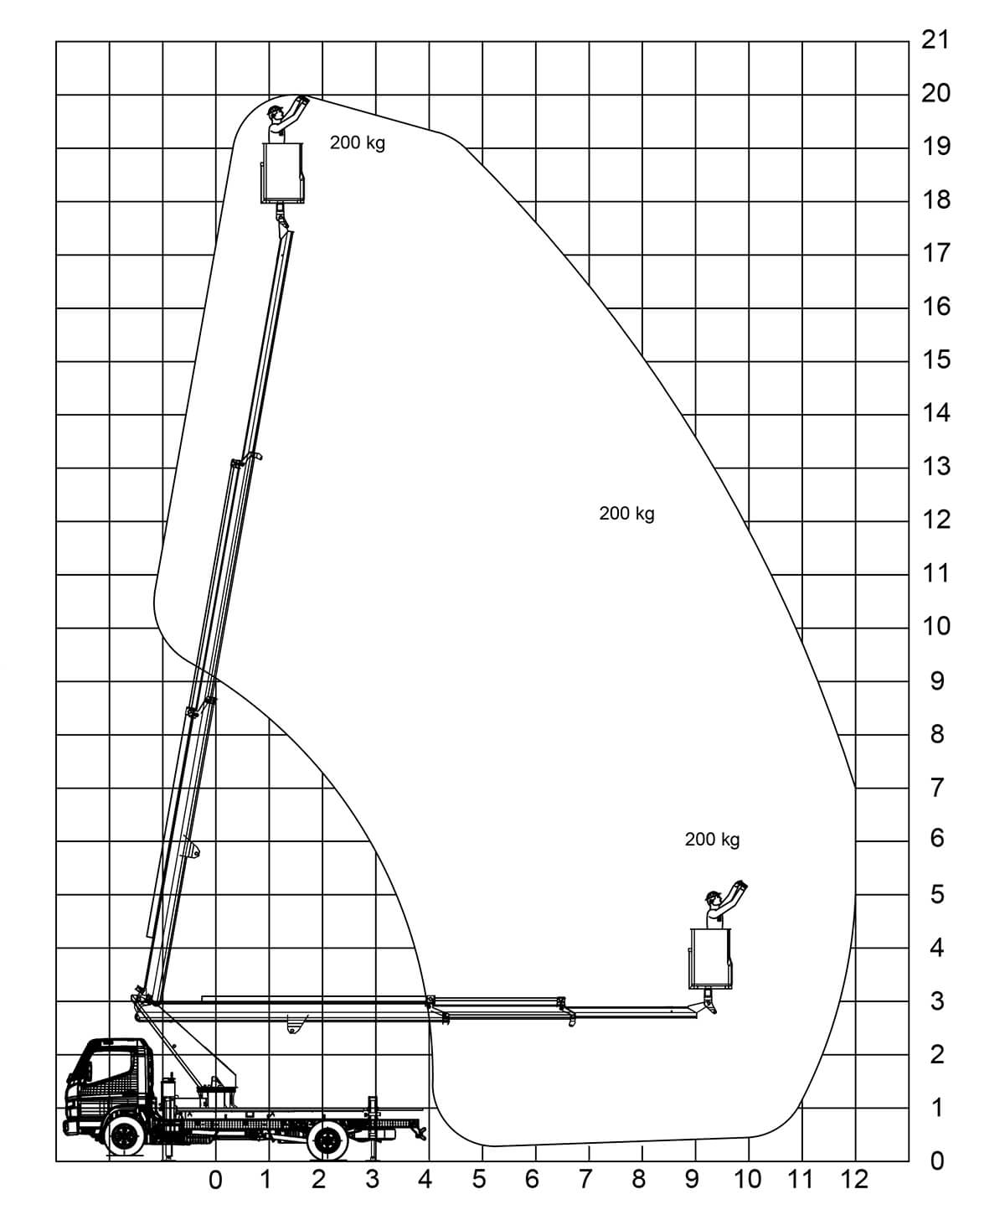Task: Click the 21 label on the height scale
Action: click(x=935, y=39)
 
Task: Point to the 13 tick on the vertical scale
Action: click(x=936, y=466)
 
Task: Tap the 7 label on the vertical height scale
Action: click(x=937, y=788)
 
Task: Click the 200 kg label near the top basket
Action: click(x=357, y=142)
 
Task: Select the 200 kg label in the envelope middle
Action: click(x=626, y=513)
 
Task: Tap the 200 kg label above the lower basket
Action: click(x=712, y=839)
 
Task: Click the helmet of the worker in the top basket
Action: click(x=274, y=110)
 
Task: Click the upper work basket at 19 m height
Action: click(x=283, y=173)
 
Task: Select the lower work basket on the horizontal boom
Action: click(x=710, y=959)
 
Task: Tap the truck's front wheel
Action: click(x=124, y=1135)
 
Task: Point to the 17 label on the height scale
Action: click(x=936, y=253)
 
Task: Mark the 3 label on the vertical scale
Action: click(x=937, y=1000)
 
